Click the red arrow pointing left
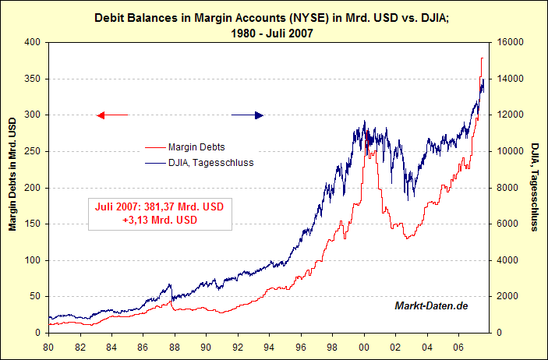coord(111,115)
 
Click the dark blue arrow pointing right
coord(248,115)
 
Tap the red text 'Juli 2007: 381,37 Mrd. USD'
coord(159,207)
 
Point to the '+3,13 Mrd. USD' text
coord(159,221)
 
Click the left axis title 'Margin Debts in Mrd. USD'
coord(12,175)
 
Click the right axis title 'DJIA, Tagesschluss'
coord(536,187)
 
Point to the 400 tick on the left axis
coord(33,43)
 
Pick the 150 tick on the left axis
coord(33,224)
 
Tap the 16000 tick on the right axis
coord(506,43)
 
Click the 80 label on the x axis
coord(48,347)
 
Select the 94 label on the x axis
coord(269,347)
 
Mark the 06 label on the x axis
coord(458,347)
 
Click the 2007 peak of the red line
coord(483,58)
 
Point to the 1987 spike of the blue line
coord(169,285)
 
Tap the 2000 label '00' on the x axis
coord(364,347)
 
